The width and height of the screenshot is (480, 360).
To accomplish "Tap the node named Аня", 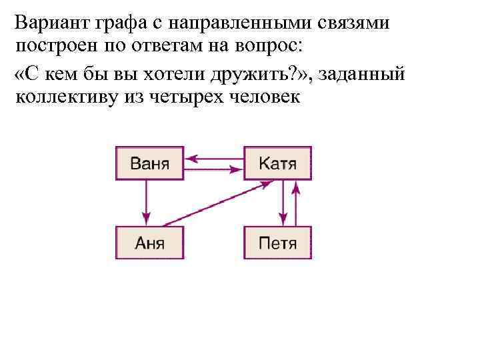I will coord(149,243).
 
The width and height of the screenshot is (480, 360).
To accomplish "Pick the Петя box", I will coord(277,243).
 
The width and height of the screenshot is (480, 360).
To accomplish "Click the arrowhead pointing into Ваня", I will coord(191,159).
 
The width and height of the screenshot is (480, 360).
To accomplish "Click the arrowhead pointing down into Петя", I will coord(283,218).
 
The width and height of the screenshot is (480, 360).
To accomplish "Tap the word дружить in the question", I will coord(254,73).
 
